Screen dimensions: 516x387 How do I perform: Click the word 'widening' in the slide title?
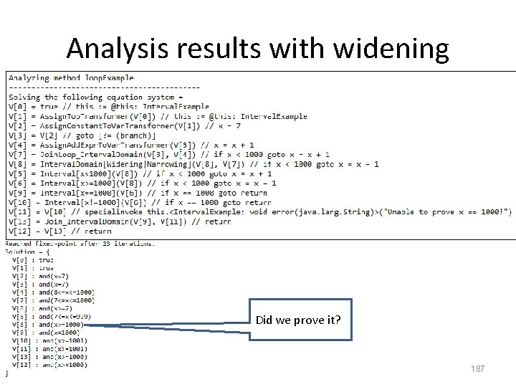click(x=390, y=48)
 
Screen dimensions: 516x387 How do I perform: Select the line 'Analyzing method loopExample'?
click(x=71, y=77)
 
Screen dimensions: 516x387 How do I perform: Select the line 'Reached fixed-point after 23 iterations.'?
click(x=80, y=244)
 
